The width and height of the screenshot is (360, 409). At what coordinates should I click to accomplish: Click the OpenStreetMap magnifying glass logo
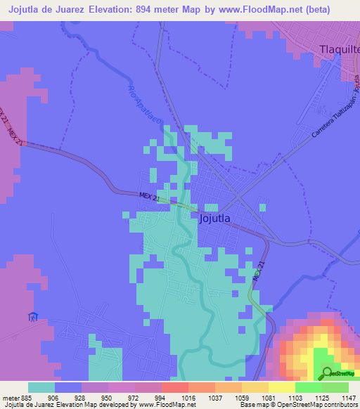point(327,372)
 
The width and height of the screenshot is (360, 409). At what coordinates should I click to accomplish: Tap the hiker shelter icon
point(31,318)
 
